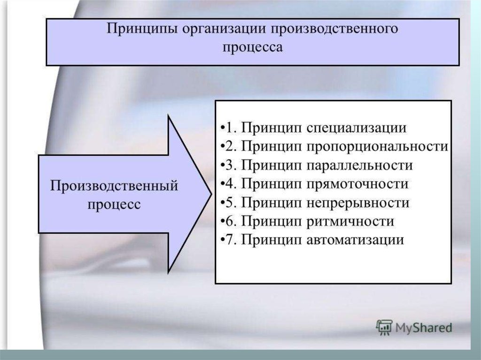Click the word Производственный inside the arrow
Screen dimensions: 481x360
[x=114, y=186]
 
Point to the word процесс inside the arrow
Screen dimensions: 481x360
[x=114, y=205]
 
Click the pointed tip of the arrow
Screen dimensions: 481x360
[x=212, y=194]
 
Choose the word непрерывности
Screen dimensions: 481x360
[x=358, y=203]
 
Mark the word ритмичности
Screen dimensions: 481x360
[x=350, y=222]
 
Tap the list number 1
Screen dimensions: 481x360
[x=229, y=128]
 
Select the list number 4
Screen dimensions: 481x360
[x=230, y=184]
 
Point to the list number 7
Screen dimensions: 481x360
[x=230, y=240]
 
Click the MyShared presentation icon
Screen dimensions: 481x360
[x=384, y=328]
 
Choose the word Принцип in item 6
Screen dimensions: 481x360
[x=272, y=222]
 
